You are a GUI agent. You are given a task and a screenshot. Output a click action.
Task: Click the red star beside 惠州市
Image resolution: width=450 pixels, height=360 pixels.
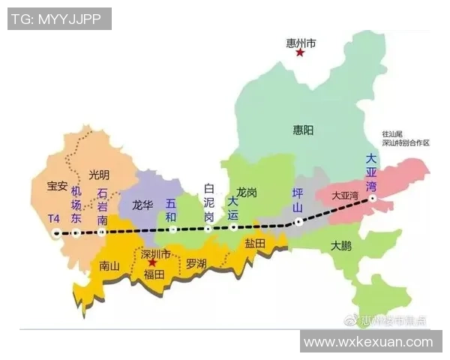click(300, 52)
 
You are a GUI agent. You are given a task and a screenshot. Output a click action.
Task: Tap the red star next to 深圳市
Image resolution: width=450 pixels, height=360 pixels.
click(153, 263)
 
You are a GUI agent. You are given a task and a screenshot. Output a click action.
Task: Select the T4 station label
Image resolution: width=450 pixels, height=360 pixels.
click(53, 218)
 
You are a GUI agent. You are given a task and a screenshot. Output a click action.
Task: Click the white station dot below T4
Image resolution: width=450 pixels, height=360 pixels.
click(56, 233)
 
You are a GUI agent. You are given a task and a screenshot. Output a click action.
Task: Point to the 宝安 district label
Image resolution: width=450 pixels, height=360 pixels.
click(57, 185)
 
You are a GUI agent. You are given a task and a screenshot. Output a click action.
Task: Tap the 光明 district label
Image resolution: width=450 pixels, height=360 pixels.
click(98, 174)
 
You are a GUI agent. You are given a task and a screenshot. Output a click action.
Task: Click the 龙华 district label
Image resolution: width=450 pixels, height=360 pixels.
click(142, 204)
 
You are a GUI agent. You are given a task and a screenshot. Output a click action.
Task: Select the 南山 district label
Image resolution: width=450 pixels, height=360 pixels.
click(109, 265)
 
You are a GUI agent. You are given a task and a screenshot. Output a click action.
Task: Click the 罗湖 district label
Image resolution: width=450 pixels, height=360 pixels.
click(196, 263)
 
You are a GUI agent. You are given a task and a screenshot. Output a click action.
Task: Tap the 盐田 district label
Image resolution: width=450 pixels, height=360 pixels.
click(255, 244)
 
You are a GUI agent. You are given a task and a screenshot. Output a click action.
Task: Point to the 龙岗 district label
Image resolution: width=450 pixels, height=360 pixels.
click(247, 193)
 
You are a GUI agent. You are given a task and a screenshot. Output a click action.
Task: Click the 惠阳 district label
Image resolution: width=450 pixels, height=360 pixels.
click(303, 130)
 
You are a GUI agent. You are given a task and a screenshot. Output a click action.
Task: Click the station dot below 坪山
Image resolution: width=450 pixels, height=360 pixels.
click(298, 221)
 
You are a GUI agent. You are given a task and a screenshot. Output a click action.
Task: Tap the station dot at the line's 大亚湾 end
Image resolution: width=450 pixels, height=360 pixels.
click(372, 198)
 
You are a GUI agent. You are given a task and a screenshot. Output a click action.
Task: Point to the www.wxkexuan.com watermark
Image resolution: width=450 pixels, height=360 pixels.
click(368, 342)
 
